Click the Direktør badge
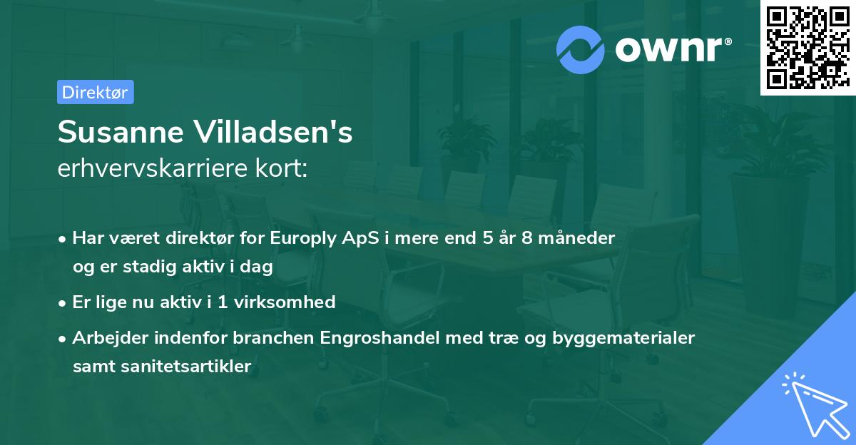point(95,92)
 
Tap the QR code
point(807,48)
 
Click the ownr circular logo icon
point(581,48)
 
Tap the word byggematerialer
point(623,337)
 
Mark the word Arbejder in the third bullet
point(104,337)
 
